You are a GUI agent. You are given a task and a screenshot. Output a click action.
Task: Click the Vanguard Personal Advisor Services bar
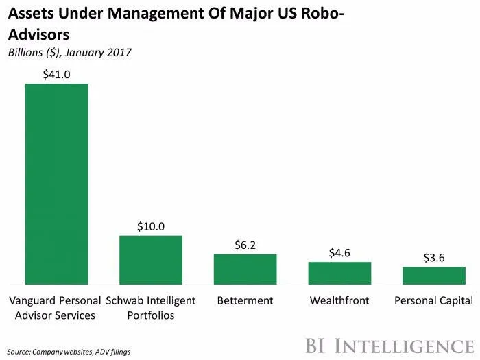tap(56, 184)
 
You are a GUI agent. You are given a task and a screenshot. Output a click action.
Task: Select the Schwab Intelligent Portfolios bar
tap(151, 260)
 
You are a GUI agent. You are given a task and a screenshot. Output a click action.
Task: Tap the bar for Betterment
tap(245, 269)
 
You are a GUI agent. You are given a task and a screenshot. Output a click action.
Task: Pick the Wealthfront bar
tap(339, 273)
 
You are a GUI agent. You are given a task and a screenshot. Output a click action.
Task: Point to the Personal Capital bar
tap(433, 276)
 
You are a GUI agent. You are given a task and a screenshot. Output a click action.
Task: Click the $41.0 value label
tap(56, 74)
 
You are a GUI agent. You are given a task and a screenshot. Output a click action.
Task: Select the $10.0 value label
tap(151, 226)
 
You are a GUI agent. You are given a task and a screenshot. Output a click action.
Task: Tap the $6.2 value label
tap(245, 245)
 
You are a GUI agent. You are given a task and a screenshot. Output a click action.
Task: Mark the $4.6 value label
tap(339, 252)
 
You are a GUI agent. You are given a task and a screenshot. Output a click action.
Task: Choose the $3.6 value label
tap(433, 258)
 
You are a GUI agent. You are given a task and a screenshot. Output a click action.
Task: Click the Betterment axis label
tap(245, 300)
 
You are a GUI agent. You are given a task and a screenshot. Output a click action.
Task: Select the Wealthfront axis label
tap(339, 300)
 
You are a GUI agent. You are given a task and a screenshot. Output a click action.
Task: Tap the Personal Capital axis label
tap(433, 300)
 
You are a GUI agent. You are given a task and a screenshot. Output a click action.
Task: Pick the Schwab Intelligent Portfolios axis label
tap(151, 308)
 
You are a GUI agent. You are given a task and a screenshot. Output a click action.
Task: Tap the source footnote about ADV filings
tap(69, 351)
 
